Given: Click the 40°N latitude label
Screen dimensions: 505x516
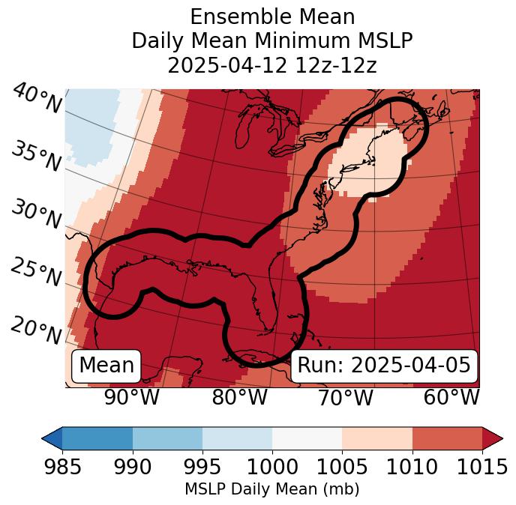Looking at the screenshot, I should pyautogui.click(x=37, y=99).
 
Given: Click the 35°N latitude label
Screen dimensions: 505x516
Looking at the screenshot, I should pyautogui.click(x=37, y=155).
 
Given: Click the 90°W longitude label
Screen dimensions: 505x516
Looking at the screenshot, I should pyautogui.click(x=132, y=397).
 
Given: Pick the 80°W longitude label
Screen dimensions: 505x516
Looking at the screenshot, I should pyautogui.click(x=239, y=397).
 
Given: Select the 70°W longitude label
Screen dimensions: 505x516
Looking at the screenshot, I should pyautogui.click(x=345, y=397).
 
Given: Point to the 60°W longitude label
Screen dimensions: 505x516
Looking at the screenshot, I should pyautogui.click(x=451, y=397).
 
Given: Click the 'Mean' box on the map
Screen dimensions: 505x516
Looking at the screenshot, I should pyautogui.click(x=106, y=366).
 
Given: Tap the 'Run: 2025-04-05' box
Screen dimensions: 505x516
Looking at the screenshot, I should pyautogui.click(x=384, y=366).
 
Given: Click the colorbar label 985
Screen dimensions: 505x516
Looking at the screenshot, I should pyautogui.click(x=62, y=468).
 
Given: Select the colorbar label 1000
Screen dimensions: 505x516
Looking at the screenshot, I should pyautogui.click(x=272, y=468).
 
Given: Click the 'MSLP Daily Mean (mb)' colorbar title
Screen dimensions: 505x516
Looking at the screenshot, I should pyautogui.click(x=272, y=489).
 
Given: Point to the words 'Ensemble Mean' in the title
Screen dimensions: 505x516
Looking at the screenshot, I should pyautogui.click(x=272, y=16).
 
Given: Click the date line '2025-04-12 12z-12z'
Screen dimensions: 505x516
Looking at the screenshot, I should pyautogui.click(x=272, y=65).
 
